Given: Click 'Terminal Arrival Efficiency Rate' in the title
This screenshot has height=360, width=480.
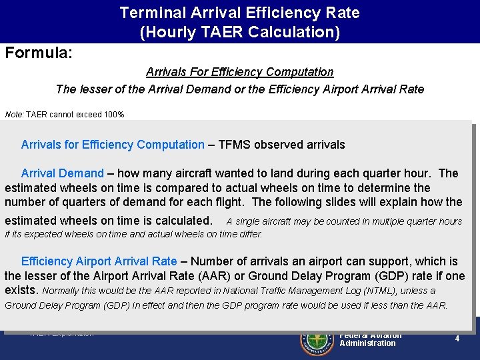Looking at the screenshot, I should pos(239,13).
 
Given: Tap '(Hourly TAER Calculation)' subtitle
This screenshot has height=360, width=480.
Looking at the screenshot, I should pos(239,31).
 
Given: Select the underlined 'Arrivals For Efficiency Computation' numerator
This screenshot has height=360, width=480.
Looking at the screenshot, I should pos(239,71).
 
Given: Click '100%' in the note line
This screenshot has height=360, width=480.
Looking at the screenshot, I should pos(113,115).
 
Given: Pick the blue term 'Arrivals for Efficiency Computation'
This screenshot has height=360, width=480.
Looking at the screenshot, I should pos(113,145).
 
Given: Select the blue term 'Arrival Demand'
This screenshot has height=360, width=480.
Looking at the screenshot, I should pos(63,173).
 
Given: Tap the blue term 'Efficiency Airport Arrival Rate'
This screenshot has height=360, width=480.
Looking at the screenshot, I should pos(99,262).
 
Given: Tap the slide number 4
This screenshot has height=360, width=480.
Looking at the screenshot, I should pos(457,339).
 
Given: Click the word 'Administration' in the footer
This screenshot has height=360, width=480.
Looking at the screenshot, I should pos(367,343).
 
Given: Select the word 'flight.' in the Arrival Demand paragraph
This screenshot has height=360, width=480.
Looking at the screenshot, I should pos(228,202).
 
